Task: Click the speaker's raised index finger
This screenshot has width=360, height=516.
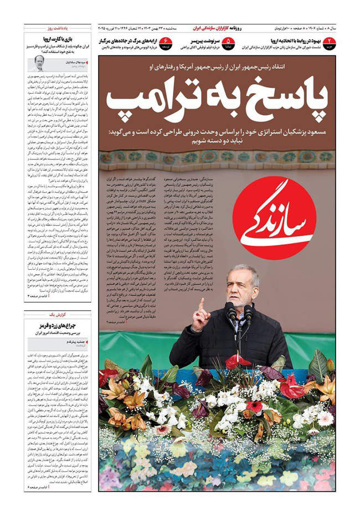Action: (201, 304)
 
